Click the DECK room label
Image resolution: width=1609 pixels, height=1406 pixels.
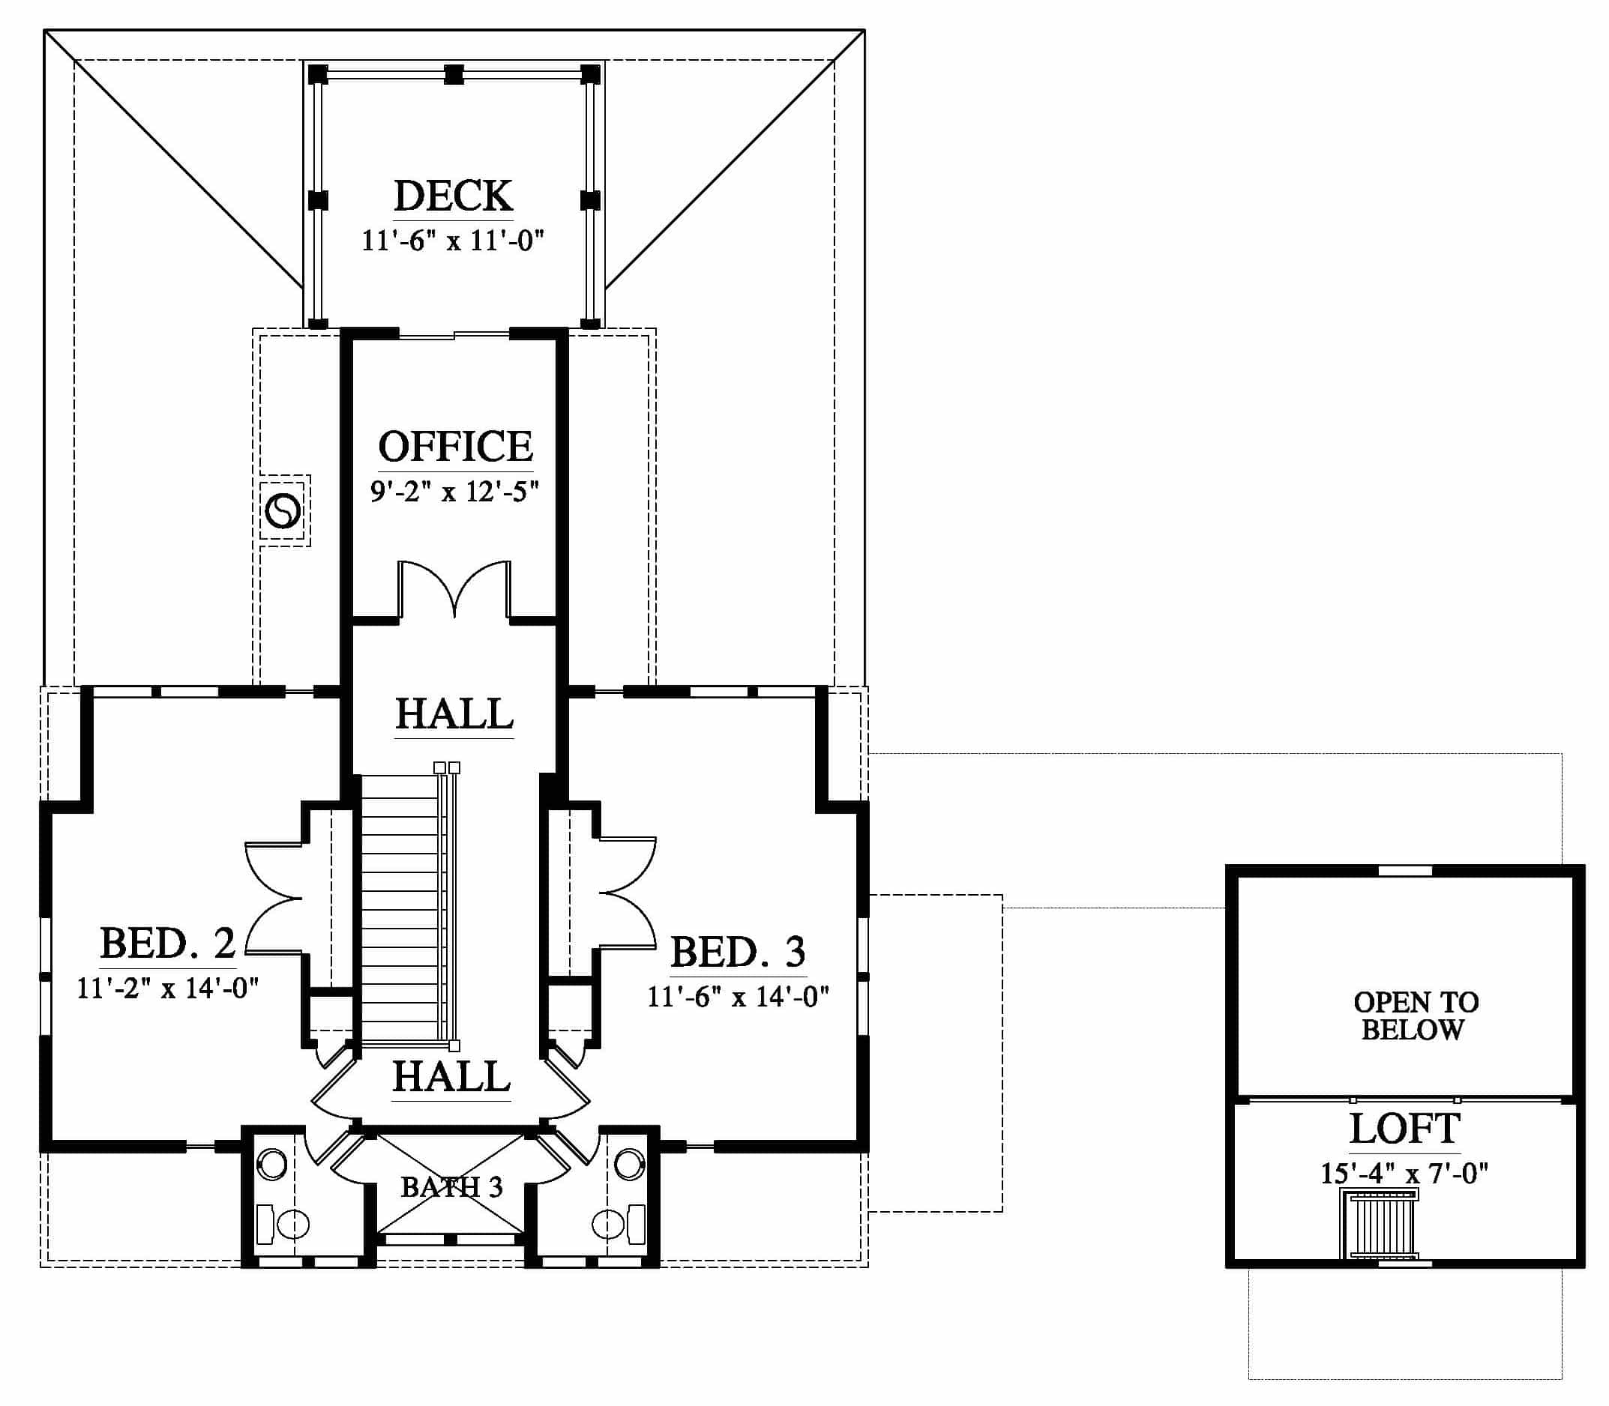(454, 196)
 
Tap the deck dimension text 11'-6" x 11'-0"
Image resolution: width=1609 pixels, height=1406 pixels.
(453, 239)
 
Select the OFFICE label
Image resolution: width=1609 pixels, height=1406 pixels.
(455, 447)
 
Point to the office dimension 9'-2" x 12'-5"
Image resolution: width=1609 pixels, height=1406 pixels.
(454, 491)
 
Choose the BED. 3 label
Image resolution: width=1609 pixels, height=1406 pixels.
(738, 952)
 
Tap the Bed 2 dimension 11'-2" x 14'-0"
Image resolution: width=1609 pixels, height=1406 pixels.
(168, 987)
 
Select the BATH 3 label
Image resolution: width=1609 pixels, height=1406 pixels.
(451, 1187)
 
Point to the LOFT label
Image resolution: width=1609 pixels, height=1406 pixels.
(1404, 1129)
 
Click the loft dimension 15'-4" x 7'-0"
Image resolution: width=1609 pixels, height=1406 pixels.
(1404, 1173)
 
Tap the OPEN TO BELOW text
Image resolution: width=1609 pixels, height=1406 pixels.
(1415, 1016)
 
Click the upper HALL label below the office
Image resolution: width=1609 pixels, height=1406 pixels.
(454, 714)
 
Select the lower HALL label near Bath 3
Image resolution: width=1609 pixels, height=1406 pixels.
(451, 1076)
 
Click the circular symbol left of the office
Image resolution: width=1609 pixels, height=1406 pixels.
(283, 512)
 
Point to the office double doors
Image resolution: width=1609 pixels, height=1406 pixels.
(454, 588)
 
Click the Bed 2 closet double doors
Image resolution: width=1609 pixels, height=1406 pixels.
(274, 899)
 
